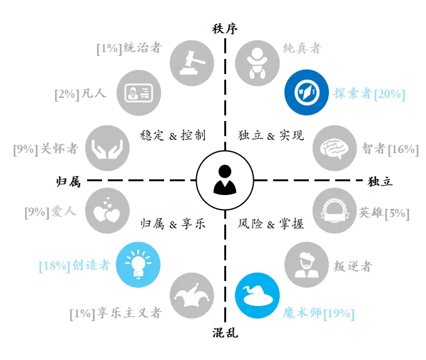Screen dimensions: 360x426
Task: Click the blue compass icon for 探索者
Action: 307,93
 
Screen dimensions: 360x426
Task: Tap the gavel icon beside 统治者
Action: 192,62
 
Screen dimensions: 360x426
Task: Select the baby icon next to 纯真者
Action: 257,62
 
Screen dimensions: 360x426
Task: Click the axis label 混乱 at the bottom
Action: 225,332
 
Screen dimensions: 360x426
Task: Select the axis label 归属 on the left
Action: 68,181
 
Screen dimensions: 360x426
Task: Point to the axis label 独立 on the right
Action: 380,181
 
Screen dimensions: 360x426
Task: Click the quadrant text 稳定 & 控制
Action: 173,134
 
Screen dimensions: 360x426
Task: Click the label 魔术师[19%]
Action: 319,312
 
